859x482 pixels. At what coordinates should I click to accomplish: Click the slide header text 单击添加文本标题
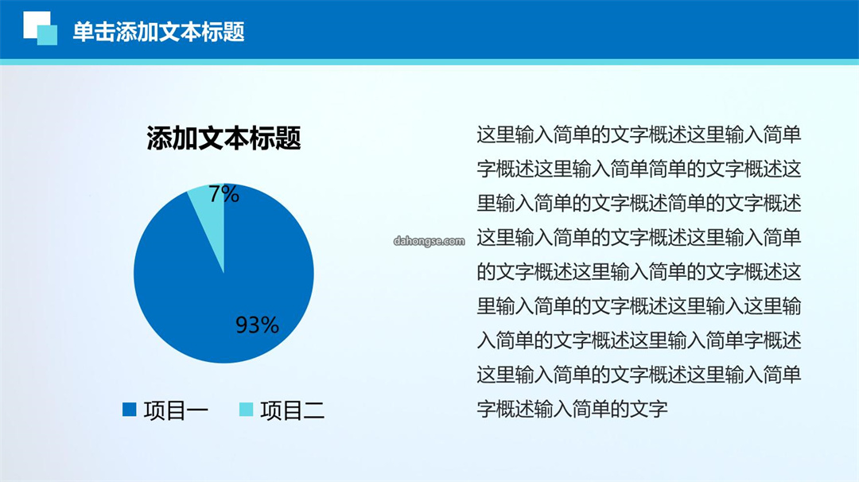click(x=158, y=32)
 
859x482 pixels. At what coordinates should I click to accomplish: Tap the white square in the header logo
click(x=34, y=22)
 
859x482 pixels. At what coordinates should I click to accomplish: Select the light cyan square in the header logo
click(x=47, y=35)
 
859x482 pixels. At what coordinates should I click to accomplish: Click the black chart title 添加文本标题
click(x=223, y=138)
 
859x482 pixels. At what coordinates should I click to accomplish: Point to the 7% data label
click(x=223, y=194)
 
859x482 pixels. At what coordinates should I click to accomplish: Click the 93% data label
click(x=257, y=325)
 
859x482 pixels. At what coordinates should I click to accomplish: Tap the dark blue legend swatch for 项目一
click(x=130, y=410)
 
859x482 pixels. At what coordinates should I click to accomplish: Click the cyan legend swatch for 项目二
click(x=246, y=410)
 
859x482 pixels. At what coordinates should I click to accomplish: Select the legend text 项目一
click(x=176, y=410)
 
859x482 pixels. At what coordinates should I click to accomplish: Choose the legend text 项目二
click(x=293, y=410)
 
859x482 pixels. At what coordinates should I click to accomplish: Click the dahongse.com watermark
click(x=429, y=241)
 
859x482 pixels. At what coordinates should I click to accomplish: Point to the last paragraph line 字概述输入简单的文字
click(x=572, y=409)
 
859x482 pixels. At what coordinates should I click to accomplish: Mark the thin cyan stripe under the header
click(x=429, y=62)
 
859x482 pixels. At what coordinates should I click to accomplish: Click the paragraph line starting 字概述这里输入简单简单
click(x=639, y=169)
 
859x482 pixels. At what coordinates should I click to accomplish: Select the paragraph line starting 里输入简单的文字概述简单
click(x=639, y=203)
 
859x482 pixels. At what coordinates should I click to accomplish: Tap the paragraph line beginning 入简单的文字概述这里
click(x=639, y=340)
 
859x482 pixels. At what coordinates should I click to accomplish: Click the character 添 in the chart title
click(x=159, y=138)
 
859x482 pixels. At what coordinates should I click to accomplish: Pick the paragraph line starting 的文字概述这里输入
click(x=639, y=272)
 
